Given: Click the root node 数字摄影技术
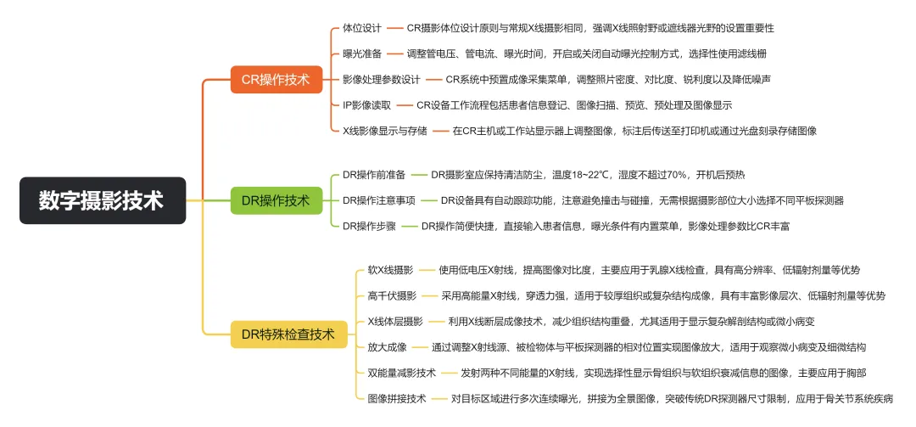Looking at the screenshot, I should [x=102, y=200].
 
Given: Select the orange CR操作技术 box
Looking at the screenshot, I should [x=276, y=81].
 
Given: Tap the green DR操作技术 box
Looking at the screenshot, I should [x=276, y=200].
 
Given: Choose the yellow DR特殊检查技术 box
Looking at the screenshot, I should [x=282, y=334].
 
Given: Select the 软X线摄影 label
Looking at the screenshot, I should [x=390, y=270].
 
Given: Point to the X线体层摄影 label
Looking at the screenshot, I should [x=395, y=321].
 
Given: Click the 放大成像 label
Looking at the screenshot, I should [x=387, y=346].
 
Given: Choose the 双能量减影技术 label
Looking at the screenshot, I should [x=402, y=372].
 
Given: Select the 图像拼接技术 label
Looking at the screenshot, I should [x=397, y=397].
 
